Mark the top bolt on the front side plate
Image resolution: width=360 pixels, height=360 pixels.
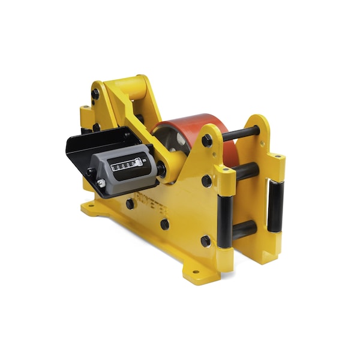point(207,140)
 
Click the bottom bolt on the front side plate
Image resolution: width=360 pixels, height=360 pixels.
point(206,241)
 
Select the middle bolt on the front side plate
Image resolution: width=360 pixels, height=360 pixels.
point(206,181)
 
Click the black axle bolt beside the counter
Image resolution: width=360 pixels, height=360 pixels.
point(161,170)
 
